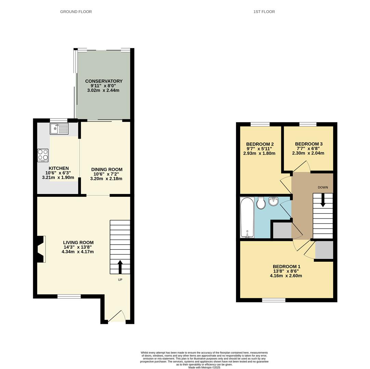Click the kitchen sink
(x=59, y=129)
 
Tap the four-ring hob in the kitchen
(x=43, y=155)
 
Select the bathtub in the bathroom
(x=247, y=217)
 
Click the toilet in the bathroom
(x=261, y=203)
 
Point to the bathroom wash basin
(x=274, y=201)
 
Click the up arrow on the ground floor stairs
(x=120, y=267)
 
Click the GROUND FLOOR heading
(x=76, y=12)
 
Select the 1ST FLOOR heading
(x=264, y=12)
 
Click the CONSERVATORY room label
(x=104, y=81)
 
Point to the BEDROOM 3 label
(x=308, y=144)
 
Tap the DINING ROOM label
(x=107, y=169)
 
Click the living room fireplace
(x=41, y=249)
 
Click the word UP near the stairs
(x=120, y=280)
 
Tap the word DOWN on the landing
(x=323, y=187)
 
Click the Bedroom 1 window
(x=274, y=300)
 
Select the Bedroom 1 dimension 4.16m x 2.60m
(x=286, y=276)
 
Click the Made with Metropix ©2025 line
(x=204, y=368)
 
